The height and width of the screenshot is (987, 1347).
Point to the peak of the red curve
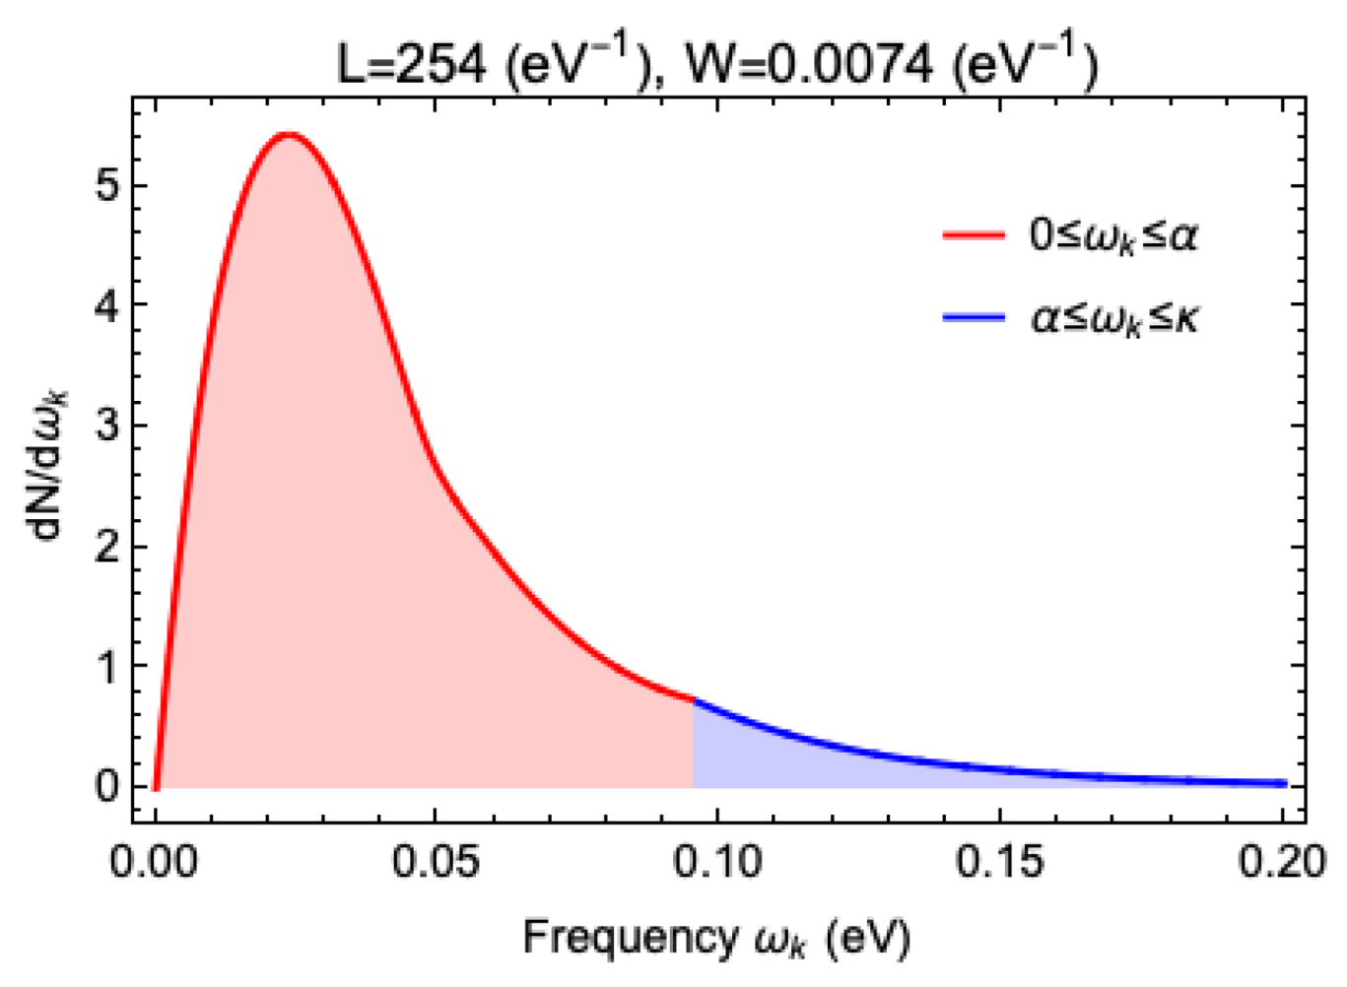coord(287,134)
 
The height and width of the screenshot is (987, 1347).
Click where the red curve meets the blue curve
coord(694,699)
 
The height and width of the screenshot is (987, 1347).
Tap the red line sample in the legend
coord(974,235)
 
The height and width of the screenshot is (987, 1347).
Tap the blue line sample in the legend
coord(974,317)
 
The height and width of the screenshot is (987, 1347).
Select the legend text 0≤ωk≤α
coord(1113,236)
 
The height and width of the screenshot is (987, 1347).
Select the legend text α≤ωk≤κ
coord(1113,318)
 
